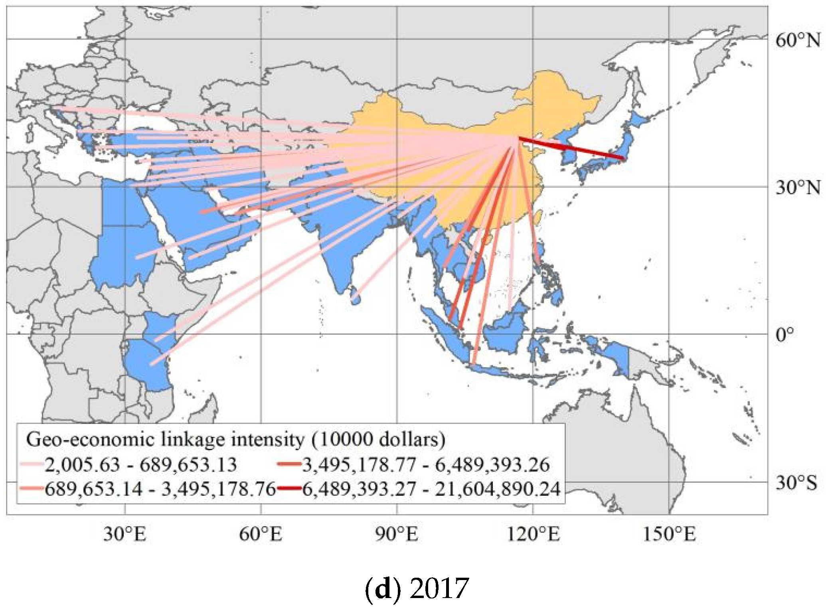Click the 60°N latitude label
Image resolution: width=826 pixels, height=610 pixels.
coord(798,41)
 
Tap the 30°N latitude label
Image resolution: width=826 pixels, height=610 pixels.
coord(798,188)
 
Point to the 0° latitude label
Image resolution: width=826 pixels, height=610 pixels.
coord(785,334)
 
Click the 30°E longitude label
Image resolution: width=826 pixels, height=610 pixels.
coord(125,534)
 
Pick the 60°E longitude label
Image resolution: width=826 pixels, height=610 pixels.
coord(261,534)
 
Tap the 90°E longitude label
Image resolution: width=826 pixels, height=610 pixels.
coord(397,534)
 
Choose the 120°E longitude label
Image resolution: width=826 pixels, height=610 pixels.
coord(533,534)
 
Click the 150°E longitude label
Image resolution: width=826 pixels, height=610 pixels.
coord(669,534)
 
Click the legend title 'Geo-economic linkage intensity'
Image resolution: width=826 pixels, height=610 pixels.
coord(235,439)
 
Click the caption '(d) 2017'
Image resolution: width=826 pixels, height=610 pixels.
coord(417,588)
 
